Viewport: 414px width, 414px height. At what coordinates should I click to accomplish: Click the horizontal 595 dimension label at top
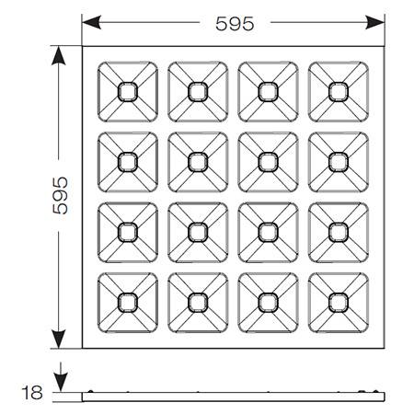tap(235, 24)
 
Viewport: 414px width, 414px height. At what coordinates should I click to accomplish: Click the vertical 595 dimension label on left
tap(60, 195)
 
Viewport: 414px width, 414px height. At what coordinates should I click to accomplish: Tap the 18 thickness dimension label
tap(32, 392)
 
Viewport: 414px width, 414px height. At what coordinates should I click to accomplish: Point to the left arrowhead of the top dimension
tap(91, 22)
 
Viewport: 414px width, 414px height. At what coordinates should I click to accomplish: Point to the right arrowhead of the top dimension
tap(374, 22)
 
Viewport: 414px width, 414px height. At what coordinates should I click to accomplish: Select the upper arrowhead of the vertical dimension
tap(59, 56)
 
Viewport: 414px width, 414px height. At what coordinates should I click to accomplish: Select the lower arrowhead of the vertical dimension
tap(59, 339)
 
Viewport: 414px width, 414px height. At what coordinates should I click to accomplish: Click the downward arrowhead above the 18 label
tap(61, 383)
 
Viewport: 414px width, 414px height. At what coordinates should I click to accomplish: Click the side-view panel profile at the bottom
tap(233, 397)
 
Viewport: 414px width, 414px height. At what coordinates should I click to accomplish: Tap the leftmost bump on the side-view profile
tap(90, 391)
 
